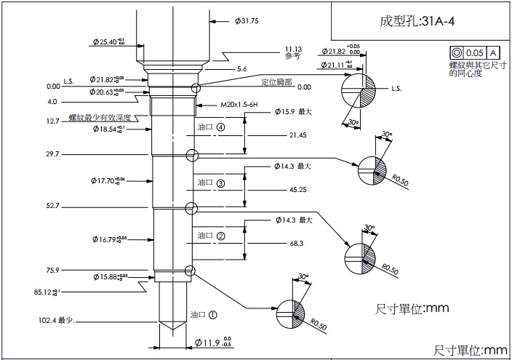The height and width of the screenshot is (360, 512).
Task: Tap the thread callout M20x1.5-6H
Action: pos(239,105)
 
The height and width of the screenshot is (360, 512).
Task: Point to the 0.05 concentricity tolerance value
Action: pos(475,53)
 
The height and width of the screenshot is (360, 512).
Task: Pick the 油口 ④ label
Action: pos(210,127)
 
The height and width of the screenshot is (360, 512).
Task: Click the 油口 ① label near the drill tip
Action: pos(204,315)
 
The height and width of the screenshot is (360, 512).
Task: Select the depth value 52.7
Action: pos(52,207)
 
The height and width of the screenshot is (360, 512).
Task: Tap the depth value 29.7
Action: pos(52,154)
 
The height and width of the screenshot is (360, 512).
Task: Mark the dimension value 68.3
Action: pos(296,243)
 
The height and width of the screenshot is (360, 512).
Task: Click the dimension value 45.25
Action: pos(297,190)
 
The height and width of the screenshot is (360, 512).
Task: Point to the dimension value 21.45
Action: pos(297,135)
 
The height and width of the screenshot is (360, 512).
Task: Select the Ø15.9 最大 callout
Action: pos(293,112)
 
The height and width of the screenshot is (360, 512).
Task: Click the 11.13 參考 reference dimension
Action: pos(293,52)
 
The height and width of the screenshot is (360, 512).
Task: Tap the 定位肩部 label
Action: pos(276,81)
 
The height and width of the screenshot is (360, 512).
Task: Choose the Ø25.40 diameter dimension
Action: pos(109,42)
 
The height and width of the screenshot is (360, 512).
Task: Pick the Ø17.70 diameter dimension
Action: pos(108,180)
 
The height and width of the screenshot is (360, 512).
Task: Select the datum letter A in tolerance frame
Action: pos(493,53)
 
